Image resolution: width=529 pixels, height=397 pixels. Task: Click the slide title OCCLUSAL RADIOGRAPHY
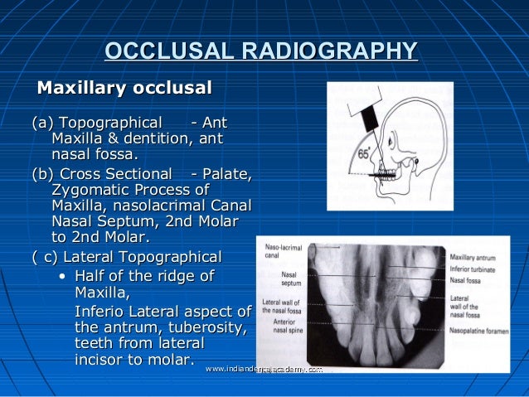pos(260,52)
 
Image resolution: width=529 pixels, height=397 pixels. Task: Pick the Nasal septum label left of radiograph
pos(292,278)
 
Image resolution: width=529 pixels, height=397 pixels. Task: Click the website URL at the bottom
pos(263,369)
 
